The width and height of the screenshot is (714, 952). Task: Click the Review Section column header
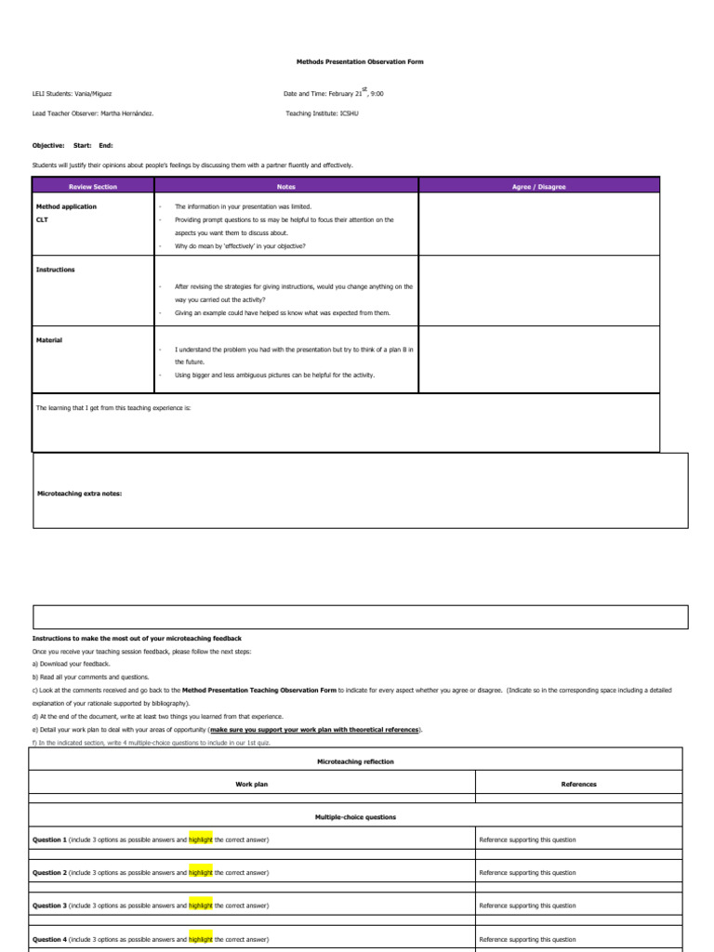(x=93, y=187)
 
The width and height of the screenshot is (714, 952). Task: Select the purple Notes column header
(x=286, y=187)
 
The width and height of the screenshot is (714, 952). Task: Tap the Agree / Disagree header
(x=538, y=187)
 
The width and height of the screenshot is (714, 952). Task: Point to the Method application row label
(x=66, y=206)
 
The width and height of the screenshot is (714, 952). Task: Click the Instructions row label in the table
(x=56, y=270)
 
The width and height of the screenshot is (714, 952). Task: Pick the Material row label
(x=49, y=340)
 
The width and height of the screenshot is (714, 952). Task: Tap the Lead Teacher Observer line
(x=93, y=113)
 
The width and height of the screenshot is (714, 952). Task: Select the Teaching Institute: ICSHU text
(x=322, y=113)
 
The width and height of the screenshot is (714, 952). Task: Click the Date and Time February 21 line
(x=333, y=94)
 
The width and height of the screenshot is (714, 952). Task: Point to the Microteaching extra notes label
(x=79, y=493)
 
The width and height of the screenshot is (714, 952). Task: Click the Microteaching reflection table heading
(x=355, y=761)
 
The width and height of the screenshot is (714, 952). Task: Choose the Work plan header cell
(x=252, y=784)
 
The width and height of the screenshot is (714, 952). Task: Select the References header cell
(x=578, y=784)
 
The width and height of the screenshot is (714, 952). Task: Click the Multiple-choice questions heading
(x=355, y=817)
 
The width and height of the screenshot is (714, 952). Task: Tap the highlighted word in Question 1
(x=201, y=840)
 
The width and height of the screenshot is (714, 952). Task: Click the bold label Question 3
(x=49, y=906)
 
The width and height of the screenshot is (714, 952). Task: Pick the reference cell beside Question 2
(x=527, y=873)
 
